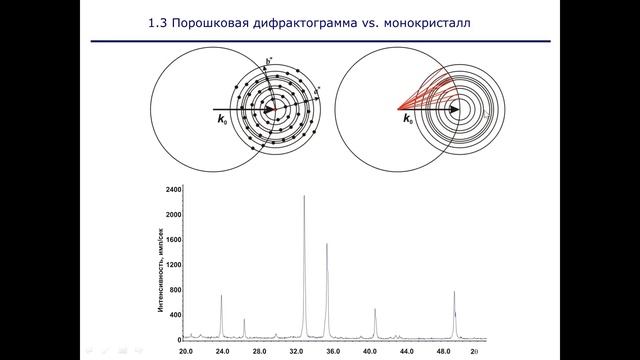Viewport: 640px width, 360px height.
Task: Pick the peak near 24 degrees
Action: pos(221,297)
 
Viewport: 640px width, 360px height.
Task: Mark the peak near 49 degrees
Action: pos(454,294)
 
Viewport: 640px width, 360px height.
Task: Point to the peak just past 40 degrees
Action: pos(375,310)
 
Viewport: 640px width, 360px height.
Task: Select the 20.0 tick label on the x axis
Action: pos(186,352)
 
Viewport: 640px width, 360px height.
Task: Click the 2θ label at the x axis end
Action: pos(476,352)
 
